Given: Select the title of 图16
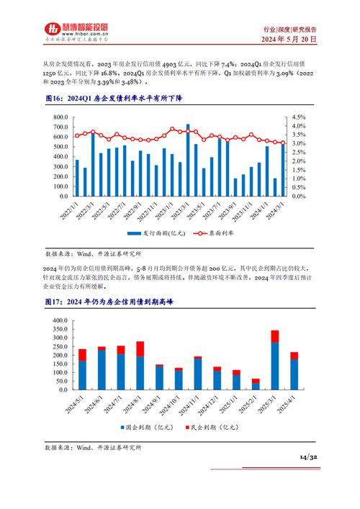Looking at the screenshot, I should click(x=113, y=99).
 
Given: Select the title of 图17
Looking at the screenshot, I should click(x=109, y=282).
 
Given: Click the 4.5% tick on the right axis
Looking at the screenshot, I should click(x=299, y=117).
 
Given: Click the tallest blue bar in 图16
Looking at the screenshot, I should click(x=188, y=161).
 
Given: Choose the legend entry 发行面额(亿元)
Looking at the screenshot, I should click(x=158, y=234).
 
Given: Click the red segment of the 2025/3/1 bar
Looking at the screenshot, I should click(x=274, y=336).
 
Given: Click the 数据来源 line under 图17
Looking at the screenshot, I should click(x=93, y=448).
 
